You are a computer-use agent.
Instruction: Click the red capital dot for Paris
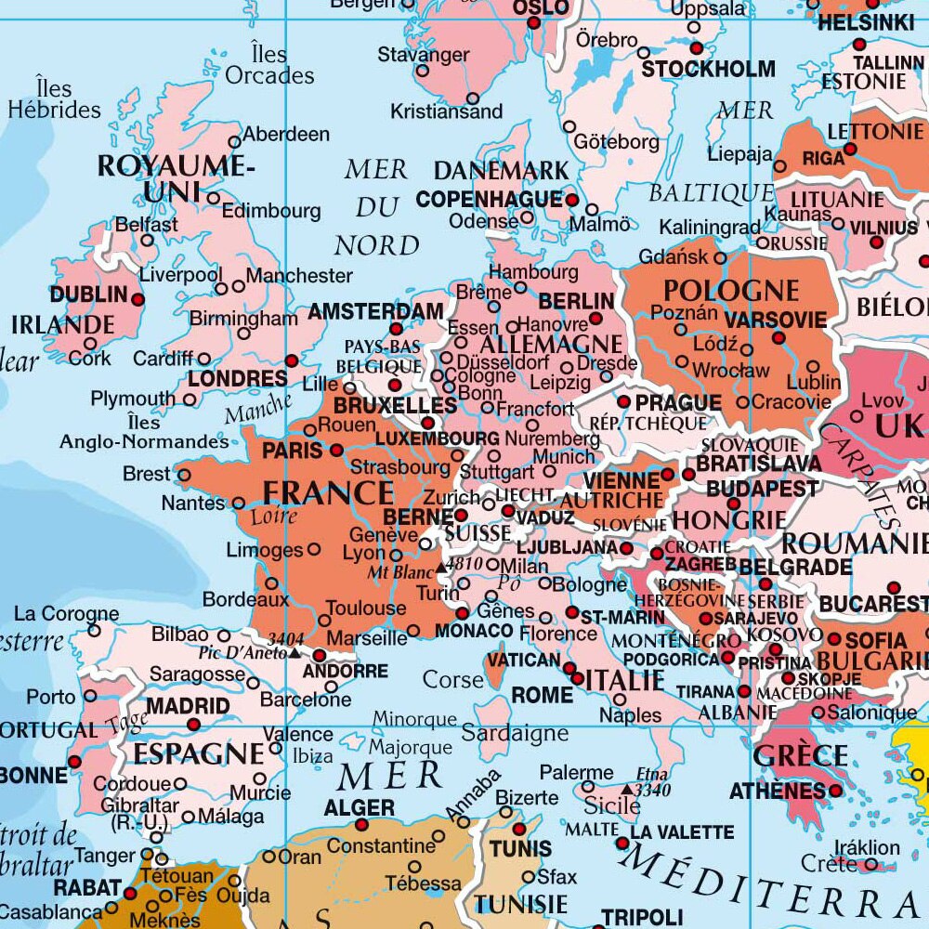(x=337, y=451)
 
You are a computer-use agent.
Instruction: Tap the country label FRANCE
(x=327, y=491)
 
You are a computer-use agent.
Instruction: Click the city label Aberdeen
(x=285, y=135)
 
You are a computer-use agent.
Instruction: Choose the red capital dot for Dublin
(x=138, y=299)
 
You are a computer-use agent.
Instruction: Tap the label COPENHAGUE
(x=489, y=199)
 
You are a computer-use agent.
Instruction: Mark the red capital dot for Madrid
(x=194, y=725)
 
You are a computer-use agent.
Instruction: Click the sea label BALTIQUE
(x=711, y=193)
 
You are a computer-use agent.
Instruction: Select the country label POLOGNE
(x=731, y=290)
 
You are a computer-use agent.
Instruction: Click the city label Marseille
(x=367, y=638)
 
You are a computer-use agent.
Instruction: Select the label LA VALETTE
(x=682, y=832)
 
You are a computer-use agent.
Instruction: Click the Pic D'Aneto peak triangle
(x=294, y=652)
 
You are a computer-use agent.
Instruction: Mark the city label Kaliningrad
(x=710, y=228)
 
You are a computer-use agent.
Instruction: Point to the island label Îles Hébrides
(x=55, y=99)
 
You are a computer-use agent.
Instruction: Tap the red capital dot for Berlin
(x=595, y=319)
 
